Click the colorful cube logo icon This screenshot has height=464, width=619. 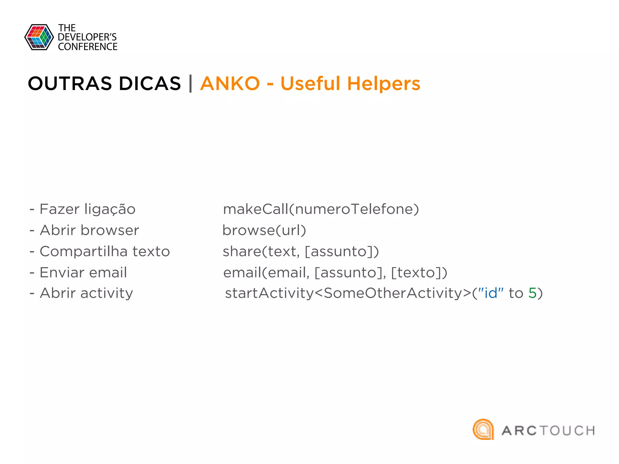(39, 37)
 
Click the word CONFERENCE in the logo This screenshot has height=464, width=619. (88, 47)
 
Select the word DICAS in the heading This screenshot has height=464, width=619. (150, 84)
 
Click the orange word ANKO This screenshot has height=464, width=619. (230, 84)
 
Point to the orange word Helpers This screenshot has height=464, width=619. (384, 84)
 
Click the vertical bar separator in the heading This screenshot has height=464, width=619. (190, 84)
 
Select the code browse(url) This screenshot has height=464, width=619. (264, 230)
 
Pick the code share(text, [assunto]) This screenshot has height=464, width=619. (301, 252)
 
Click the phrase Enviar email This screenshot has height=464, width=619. (83, 272)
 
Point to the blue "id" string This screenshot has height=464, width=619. (491, 293)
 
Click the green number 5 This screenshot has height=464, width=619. (532, 293)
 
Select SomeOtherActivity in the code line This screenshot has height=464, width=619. (393, 293)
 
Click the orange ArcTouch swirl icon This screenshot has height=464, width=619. (483, 429)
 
